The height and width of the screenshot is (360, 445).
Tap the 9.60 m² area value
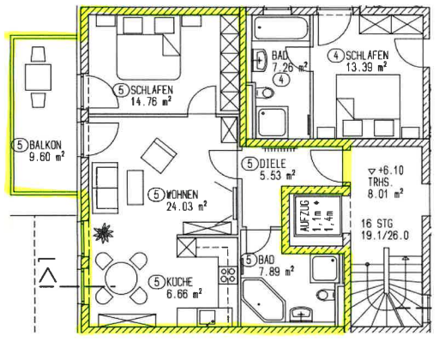(47, 157)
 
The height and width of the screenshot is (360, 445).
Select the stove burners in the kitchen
(228, 275)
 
